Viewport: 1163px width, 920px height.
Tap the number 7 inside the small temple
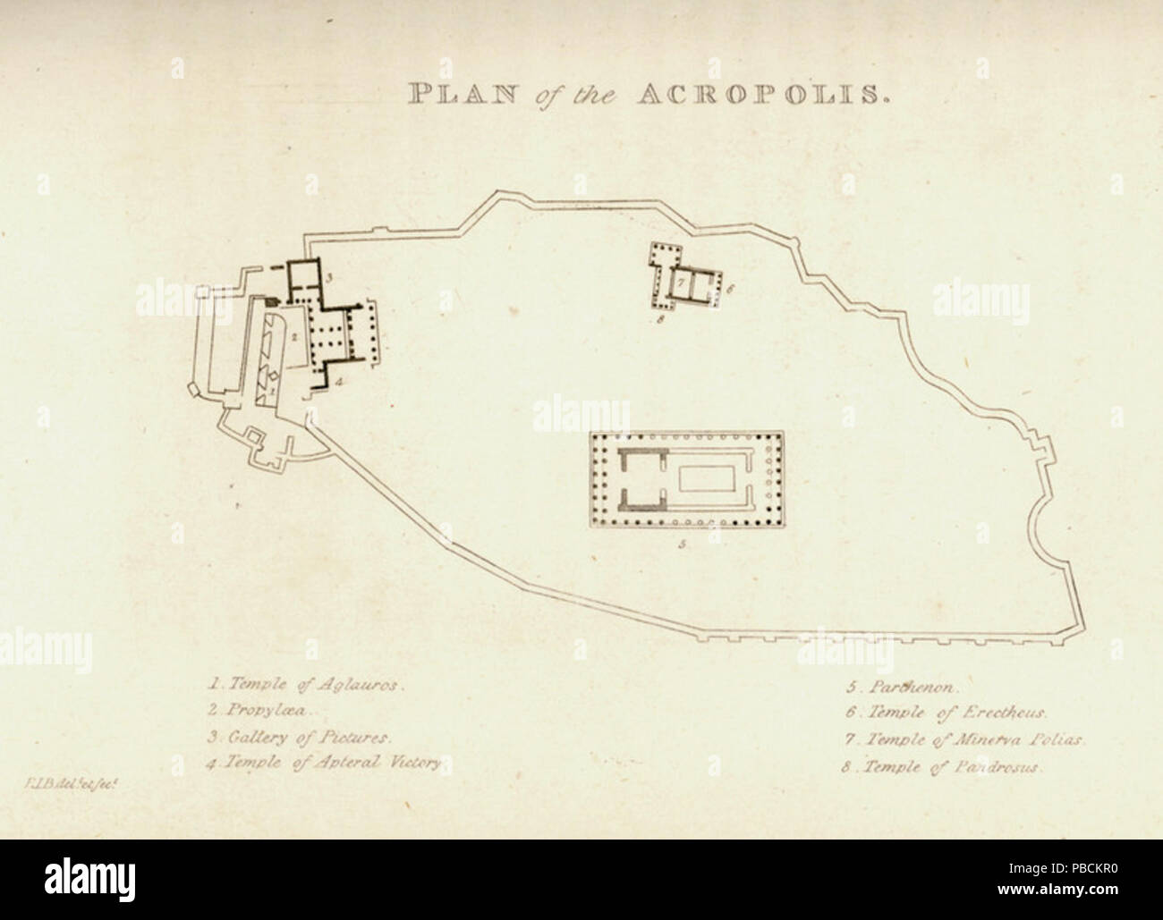[x=680, y=283]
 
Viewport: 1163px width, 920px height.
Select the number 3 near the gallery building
[x=329, y=279]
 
